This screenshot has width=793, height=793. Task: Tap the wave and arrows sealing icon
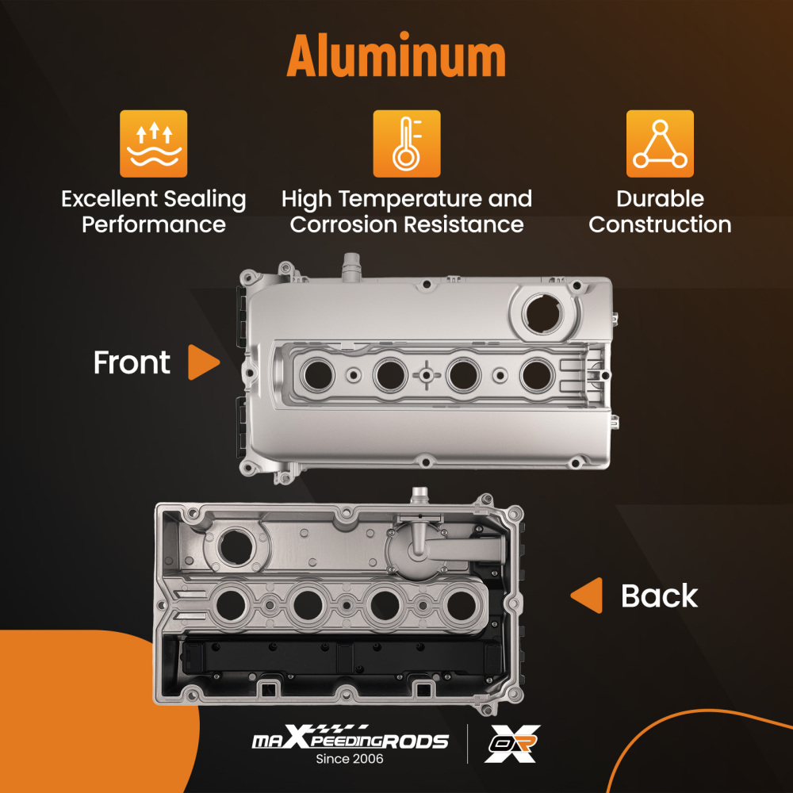(x=153, y=143)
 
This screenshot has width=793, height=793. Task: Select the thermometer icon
(x=406, y=143)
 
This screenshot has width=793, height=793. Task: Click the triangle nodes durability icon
(x=660, y=143)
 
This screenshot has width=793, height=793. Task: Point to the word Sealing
(x=201, y=199)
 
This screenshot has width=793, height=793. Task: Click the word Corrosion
(x=344, y=224)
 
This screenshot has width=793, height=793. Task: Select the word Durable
(x=660, y=199)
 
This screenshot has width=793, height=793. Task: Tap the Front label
(x=132, y=363)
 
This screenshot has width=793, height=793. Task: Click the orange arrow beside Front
(x=203, y=363)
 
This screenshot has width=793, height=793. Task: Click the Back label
(x=659, y=596)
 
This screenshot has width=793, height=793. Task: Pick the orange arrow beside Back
(x=587, y=596)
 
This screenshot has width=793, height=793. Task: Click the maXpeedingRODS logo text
(x=350, y=741)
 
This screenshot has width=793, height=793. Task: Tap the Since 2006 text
(x=350, y=760)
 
